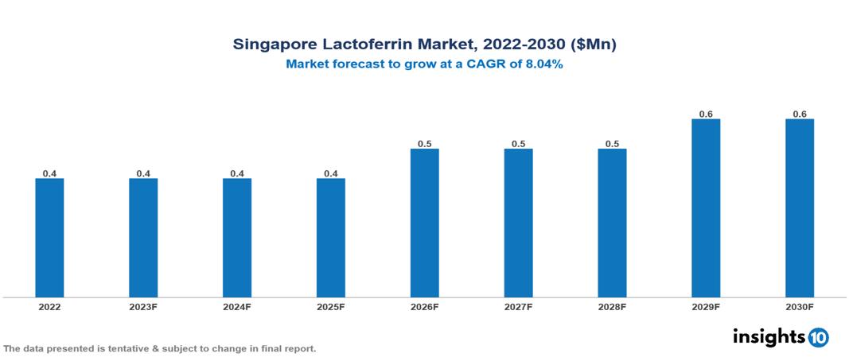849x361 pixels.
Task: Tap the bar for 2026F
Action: pyautogui.click(x=424, y=223)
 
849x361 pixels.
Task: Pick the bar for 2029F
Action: pyautogui.click(x=706, y=208)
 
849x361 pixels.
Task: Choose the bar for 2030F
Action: pyautogui.click(x=800, y=208)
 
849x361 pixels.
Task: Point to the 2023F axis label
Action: pyautogui.click(x=143, y=307)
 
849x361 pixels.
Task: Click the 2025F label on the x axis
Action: pyautogui.click(x=331, y=307)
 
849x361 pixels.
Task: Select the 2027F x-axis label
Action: pyautogui.click(x=518, y=307)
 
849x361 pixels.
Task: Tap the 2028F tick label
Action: pyautogui.click(x=612, y=307)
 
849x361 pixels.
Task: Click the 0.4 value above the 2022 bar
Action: pyautogui.click(x=49, y=173)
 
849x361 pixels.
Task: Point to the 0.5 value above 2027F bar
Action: pyautogui.click(x=518, y=144)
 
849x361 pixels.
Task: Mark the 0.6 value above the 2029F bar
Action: pyautogui.click(x=706, y=115)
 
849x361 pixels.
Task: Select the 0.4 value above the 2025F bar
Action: pyautogui.click(x=331, y=173)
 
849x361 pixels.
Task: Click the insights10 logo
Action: pyautogui.click(x=781, y=337)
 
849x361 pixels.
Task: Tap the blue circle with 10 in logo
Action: pyautogui.click(x=818, y=338)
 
